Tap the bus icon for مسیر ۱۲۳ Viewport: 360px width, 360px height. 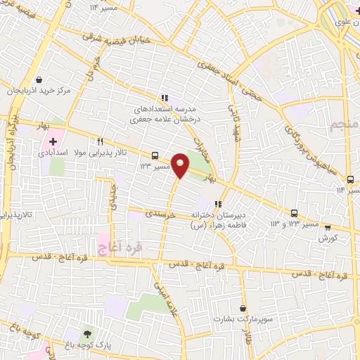[x=154, y=156]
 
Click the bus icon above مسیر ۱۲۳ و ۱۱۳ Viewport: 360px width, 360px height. [x=294, y=213]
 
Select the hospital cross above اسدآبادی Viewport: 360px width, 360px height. [x=53, y=142]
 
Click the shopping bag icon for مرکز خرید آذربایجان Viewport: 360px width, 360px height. [x=38, y=81]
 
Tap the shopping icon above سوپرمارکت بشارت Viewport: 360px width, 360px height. [x=243, y=307]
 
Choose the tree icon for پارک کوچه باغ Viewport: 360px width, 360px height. [x=87, y=333]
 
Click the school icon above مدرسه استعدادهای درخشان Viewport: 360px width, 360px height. [x=163, y=98]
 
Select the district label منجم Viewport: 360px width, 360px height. [x=342, y=127]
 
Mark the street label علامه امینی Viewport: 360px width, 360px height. [x=165, y=298]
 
